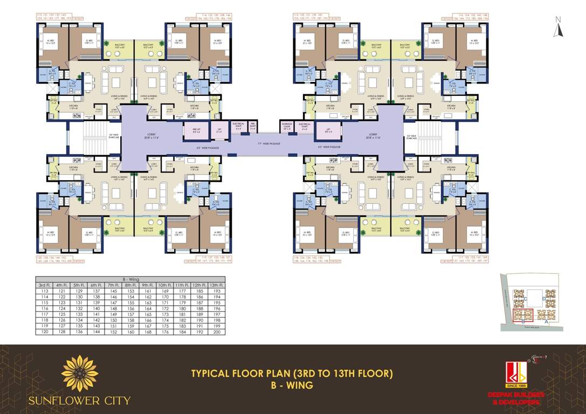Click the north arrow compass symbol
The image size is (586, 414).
click(x=560, y=27)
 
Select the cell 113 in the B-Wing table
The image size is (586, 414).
click(x=44, y=291)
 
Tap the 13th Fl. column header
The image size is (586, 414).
click(x=217, y=285)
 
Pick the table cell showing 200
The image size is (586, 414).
click(x=217, y=332)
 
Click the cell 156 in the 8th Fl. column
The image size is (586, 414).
click(x=130, y=308)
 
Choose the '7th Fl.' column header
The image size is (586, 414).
click(x=113, y=285)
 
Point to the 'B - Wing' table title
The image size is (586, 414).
click(x=130, y=279)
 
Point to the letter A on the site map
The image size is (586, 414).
click(x=547, y=323)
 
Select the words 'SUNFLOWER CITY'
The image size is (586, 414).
click(x=80, y=401)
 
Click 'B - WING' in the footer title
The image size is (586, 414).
click(x=292, y=385)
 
